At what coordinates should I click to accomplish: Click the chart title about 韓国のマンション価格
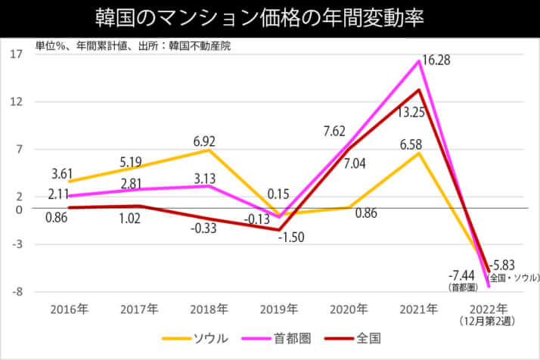coord(270,17)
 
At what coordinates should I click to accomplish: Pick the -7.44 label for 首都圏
coord(461,274)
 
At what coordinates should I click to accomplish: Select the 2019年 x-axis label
coord(279,309)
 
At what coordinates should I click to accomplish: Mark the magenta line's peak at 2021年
coord(419,61)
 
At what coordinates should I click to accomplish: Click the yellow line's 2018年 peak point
coord(209,150)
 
